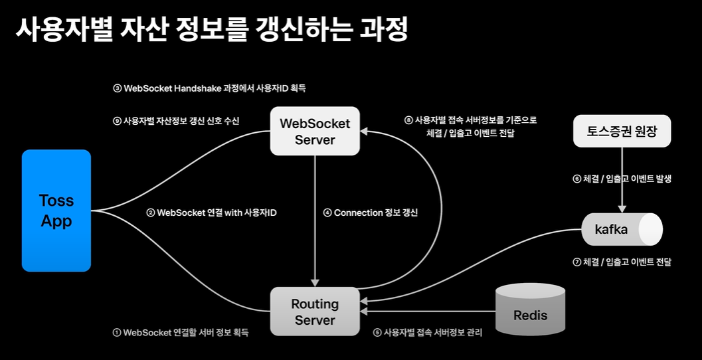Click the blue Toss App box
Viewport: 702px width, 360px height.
56,211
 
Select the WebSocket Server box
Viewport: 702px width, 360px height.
315,132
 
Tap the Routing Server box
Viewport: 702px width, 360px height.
315,312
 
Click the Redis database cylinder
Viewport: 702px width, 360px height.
530,310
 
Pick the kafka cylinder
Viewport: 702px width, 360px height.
622,229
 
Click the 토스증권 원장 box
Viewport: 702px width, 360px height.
622,132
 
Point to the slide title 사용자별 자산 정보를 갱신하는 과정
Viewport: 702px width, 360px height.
211,29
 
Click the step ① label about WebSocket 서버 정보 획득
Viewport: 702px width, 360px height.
181,333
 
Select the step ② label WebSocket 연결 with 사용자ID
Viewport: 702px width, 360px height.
211,213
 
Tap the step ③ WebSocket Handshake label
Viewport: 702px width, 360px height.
209,88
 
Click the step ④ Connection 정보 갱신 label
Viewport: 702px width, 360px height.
370,213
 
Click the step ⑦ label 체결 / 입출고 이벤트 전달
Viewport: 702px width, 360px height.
622,262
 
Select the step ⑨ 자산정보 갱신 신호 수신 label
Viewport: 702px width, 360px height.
176,120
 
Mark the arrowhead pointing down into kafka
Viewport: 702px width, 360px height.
622,209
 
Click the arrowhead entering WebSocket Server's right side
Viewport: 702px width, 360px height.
364,132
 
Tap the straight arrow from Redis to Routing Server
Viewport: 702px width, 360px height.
428,312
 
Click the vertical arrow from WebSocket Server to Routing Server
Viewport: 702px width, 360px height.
315,221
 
